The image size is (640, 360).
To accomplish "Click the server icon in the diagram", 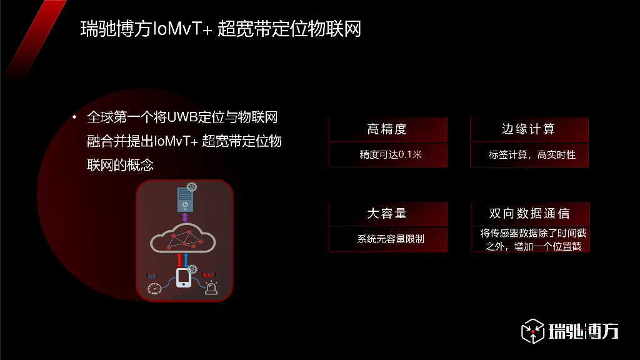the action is [x=184, y=199].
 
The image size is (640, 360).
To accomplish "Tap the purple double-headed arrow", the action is [x=184, y=217].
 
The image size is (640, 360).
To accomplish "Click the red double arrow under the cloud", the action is [x=180, y=259].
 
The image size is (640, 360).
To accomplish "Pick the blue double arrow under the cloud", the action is [x=186, y=259].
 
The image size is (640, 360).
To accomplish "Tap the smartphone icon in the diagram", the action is [x=184, y=277].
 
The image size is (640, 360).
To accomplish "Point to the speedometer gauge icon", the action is [x=154, y=289].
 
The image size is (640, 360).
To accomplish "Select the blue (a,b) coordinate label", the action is [x=151, y=275].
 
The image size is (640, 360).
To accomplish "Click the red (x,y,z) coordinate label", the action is [x=209, y=274].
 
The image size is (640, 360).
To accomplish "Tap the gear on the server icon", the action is [x=192, y=187].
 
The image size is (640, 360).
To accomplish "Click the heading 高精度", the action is [x=387, y=129].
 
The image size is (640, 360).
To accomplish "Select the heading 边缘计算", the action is [x=529, y=129].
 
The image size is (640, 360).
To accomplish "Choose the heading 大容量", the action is [x=387, y=214].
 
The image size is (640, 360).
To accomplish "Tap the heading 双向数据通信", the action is [x=529, y=214].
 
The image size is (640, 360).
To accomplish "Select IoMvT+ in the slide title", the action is [x=183, y=29].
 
